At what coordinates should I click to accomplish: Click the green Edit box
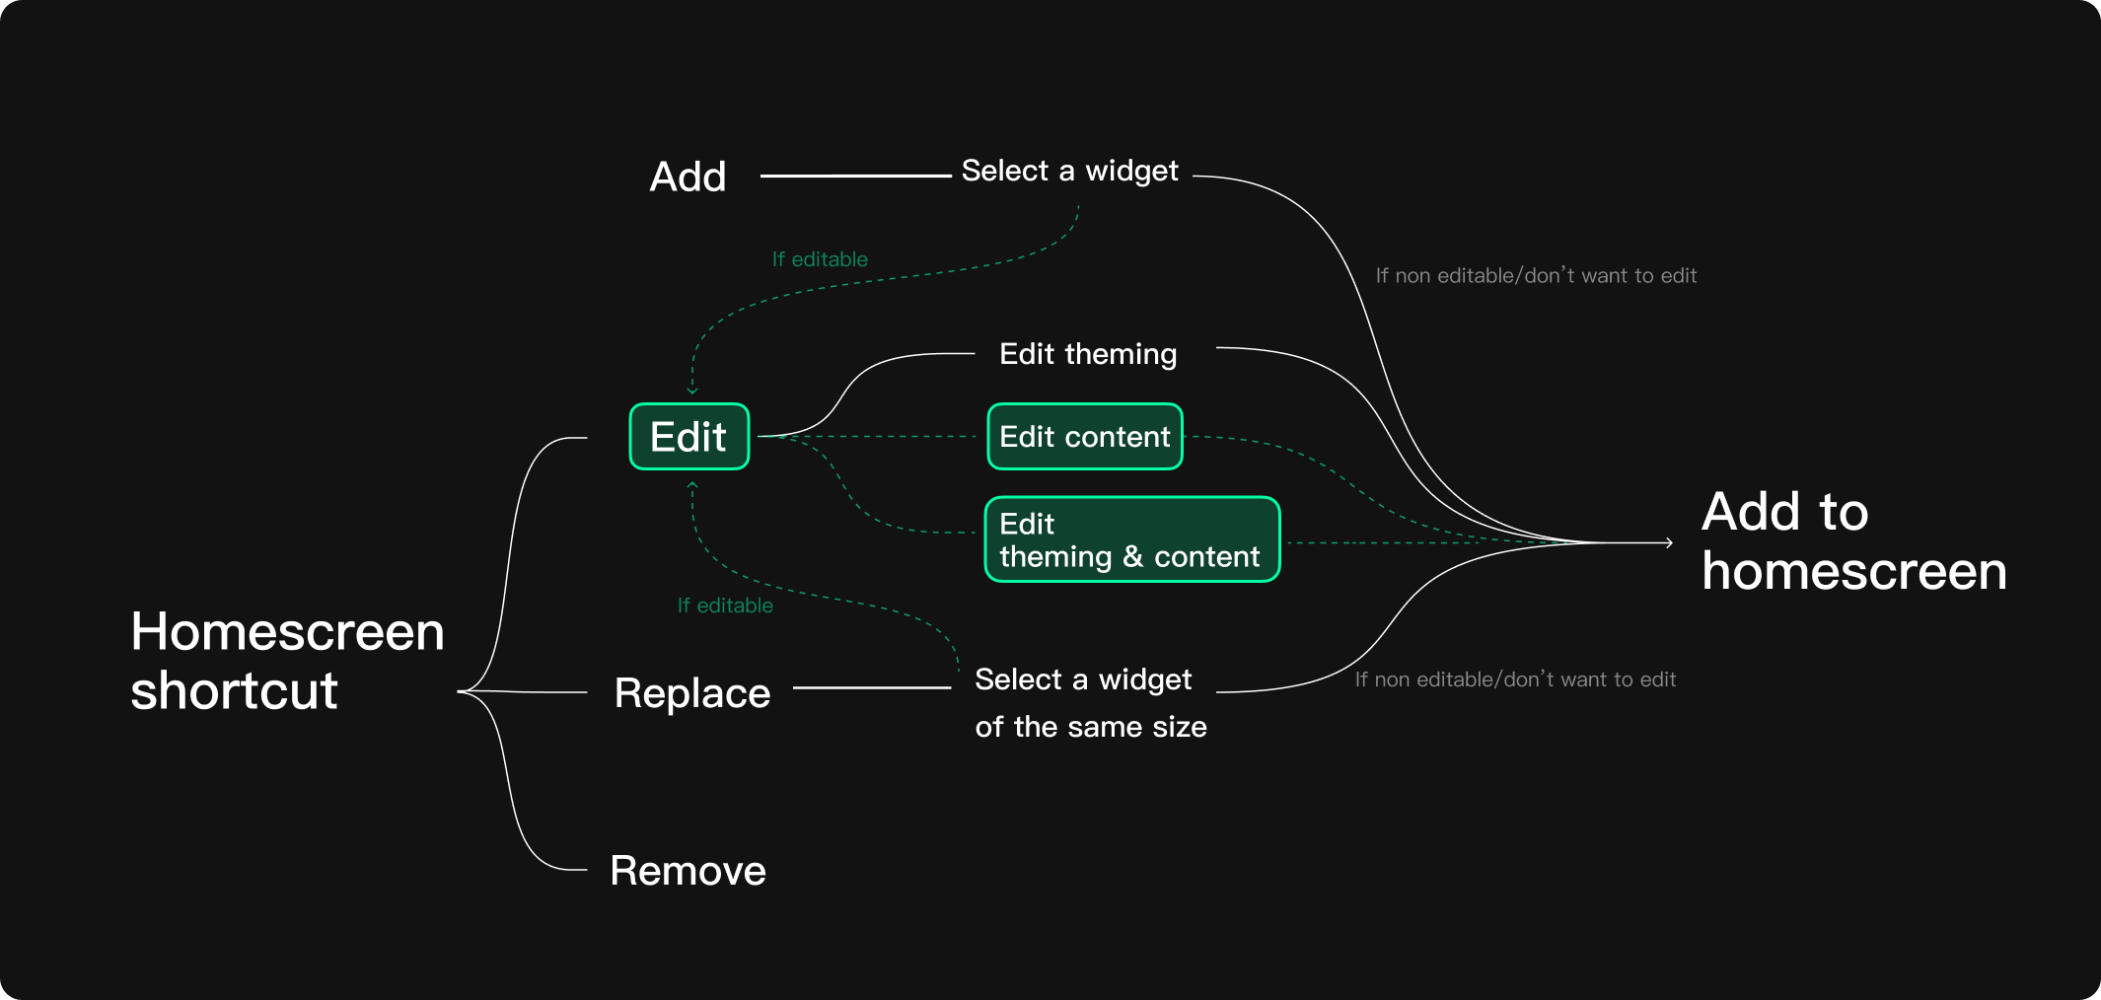point(689,437)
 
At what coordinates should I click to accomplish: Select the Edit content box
point(1085,437)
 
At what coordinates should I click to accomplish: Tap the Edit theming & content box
point(1132,539)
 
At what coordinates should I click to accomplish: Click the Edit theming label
point(1088,354)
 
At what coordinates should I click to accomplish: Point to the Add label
point(688,178)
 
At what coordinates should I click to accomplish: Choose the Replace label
point(691,693)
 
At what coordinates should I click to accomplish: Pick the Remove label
point(688,871)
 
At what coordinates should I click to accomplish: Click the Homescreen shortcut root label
point(287,661)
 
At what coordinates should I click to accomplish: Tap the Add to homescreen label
point(1853,541)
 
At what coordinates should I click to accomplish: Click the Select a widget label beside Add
point(1069,172)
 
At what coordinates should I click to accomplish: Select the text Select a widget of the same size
point(1090,703)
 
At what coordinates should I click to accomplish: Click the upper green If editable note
point(820,259)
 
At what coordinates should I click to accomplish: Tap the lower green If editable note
point(725,606)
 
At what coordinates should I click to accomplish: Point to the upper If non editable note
point(1536,276)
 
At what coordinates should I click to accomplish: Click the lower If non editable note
point(1515,679)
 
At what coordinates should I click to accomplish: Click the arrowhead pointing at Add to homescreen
point(1669,542)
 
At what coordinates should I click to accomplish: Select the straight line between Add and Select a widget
point(854,177)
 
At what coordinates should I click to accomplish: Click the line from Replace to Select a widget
point(872,688)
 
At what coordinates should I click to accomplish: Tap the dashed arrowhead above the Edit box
point(692,391)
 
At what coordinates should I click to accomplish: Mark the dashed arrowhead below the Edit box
point(692,485)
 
